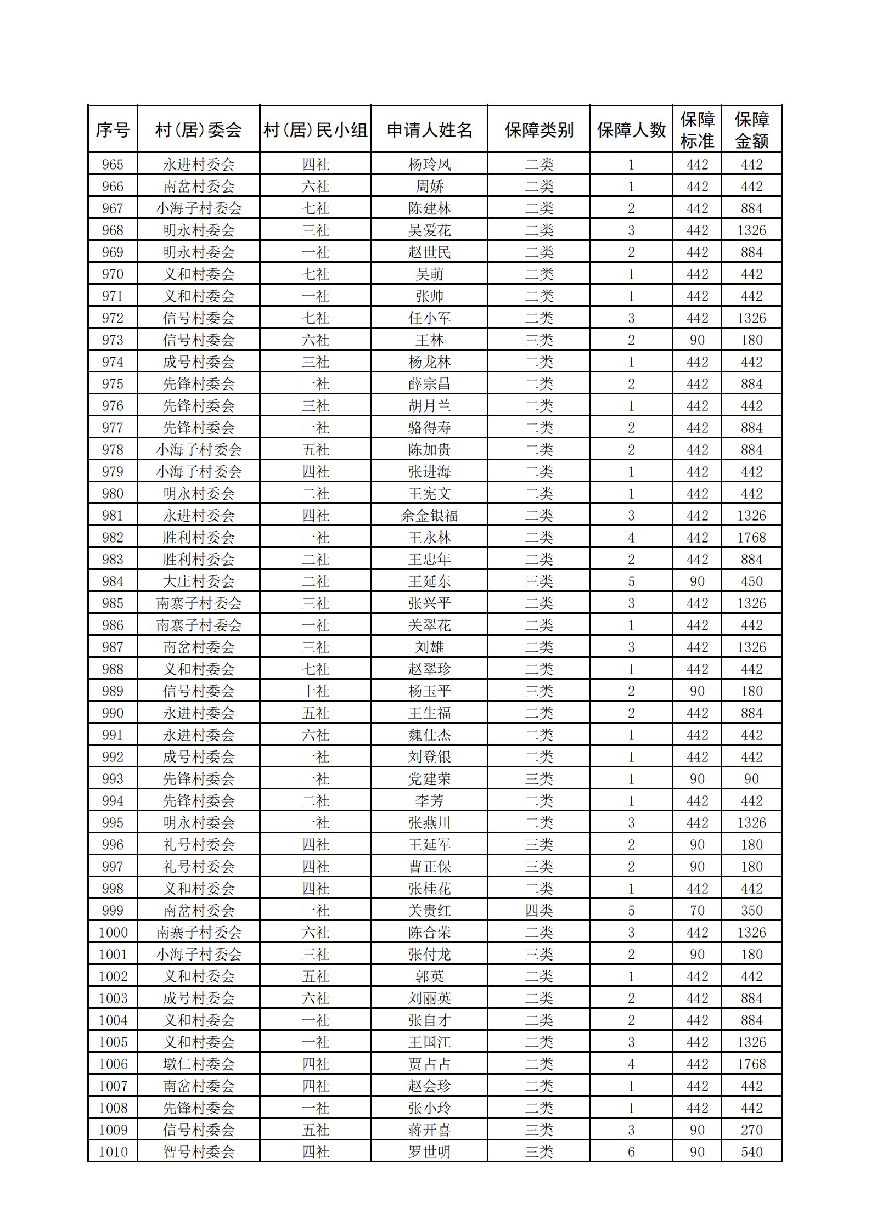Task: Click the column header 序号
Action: (113, 130)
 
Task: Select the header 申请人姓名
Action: (429, 130)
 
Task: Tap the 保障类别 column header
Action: (539, 130)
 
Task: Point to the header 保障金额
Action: (751, 130)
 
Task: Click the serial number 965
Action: (113, 165)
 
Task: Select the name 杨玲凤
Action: (429, 165)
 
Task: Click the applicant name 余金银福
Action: (429, 516)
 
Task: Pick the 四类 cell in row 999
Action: (539, 911)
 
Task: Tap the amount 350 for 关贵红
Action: (751, 911)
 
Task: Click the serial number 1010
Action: (113, 1152)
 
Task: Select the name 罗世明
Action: (429, 1152)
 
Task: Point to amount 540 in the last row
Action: (751, 1152)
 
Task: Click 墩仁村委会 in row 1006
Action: (199, 1064)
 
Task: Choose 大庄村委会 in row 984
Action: (199, 581)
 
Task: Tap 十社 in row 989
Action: (316, 691)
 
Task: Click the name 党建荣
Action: (429, 779)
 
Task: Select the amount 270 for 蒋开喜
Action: (751, 1130)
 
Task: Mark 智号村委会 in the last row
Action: (199, 1152)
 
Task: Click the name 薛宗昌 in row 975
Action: (429, 384)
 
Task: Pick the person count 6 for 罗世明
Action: (631, 1152)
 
